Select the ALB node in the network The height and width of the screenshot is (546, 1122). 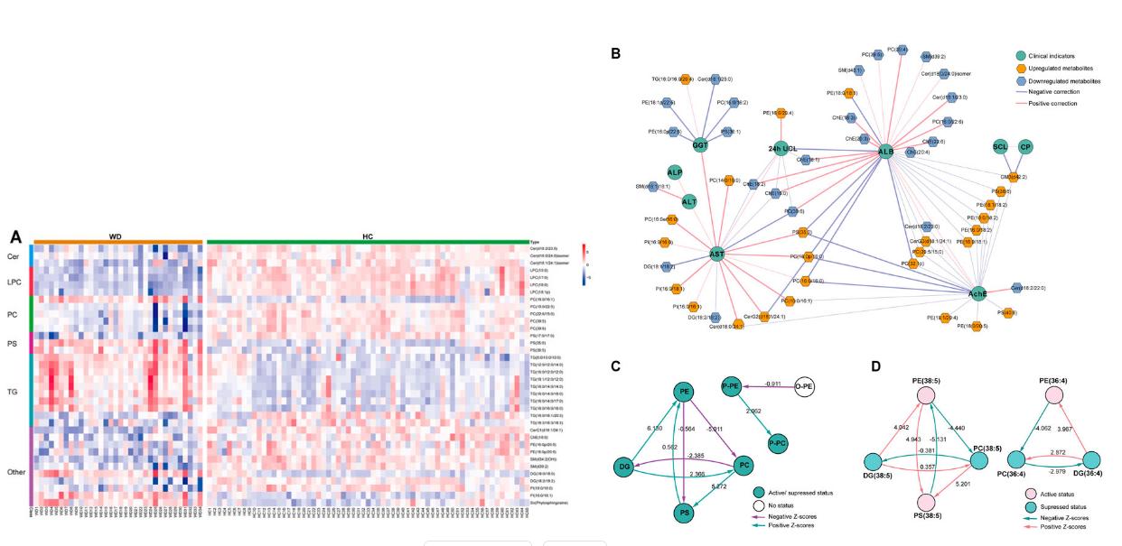point(885,153)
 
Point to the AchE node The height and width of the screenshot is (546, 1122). point(977,293)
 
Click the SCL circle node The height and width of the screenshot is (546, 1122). point(1000,146)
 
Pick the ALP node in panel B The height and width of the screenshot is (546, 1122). point(674,171)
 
